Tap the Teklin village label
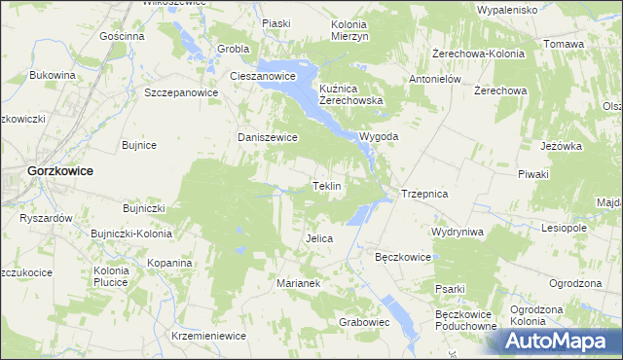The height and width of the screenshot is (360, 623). point(326,186)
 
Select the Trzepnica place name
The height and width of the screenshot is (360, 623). point(424,195)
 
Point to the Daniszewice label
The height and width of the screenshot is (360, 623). point(268,138)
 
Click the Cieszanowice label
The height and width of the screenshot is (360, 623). point(262,75)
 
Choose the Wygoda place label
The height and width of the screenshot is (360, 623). point(380,137)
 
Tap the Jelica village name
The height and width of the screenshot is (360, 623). point(319,238)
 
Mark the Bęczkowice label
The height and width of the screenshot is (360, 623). point(403,258)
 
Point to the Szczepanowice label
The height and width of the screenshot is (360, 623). point(181,93)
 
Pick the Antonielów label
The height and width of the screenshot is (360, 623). point(434,80)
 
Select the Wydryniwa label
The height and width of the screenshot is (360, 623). point(458,233)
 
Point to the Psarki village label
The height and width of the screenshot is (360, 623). point(451,289)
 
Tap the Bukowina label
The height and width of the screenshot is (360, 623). point(53,75)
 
